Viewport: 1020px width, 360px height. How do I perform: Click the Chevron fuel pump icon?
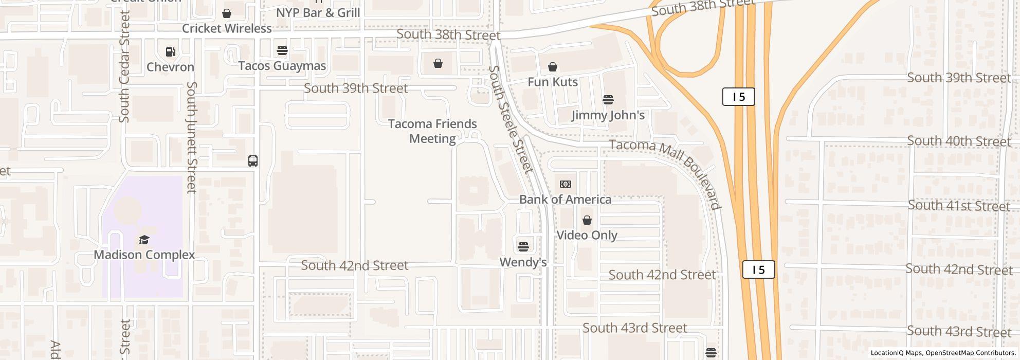point(170,51)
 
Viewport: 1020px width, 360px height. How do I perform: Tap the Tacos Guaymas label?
point(282,66)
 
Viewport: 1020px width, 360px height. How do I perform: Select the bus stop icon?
point(253,161)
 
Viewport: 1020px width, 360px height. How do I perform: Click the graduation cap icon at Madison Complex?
point(144,240)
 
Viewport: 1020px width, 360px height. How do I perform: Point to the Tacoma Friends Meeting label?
point(432,131)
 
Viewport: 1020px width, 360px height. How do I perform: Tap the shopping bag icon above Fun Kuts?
point(553,67)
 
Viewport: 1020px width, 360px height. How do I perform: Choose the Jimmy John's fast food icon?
point(608,99)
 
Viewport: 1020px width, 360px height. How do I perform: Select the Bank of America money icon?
point(566,184)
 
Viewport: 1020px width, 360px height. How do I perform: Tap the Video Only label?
point(587,236)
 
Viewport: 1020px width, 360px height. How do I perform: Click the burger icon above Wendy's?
point(523,247)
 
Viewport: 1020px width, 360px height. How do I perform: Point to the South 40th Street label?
point(959,141)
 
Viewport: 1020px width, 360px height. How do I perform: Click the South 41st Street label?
point(959,206)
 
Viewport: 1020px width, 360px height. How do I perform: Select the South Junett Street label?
point(191,137)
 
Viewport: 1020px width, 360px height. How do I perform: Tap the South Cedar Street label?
point(124,67)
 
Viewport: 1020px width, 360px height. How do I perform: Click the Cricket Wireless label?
point(227,29)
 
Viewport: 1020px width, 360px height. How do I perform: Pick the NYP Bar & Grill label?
point(318,12)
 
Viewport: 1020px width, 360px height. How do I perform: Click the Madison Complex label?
point(144,255)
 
